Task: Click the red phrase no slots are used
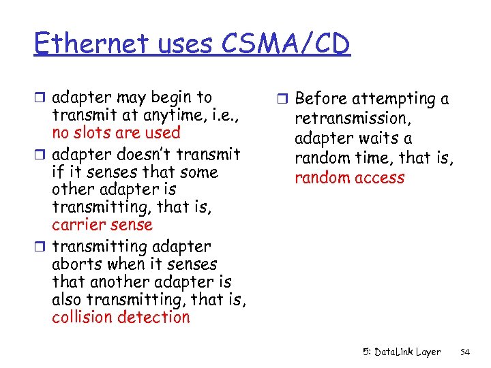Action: coord(116,133)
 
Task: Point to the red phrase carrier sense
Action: coord(102,225)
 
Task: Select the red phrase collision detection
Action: coord(121,317)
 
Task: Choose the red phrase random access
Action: coord(349,178)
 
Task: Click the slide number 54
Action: coord(465,352)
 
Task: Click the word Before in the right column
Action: coord(321,99)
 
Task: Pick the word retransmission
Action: coord(350,119)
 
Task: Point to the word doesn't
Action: coord(142,155)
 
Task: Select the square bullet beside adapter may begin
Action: coord(42,97)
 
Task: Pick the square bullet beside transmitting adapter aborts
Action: coord(42,247)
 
